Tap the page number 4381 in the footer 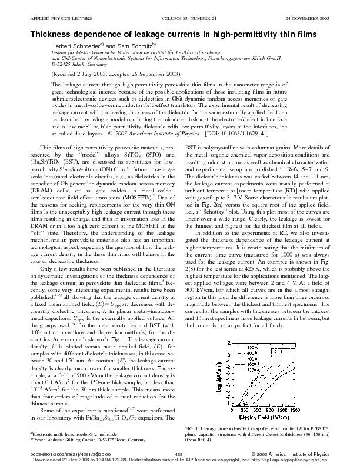point(180,454)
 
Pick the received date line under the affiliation point(116,75)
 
